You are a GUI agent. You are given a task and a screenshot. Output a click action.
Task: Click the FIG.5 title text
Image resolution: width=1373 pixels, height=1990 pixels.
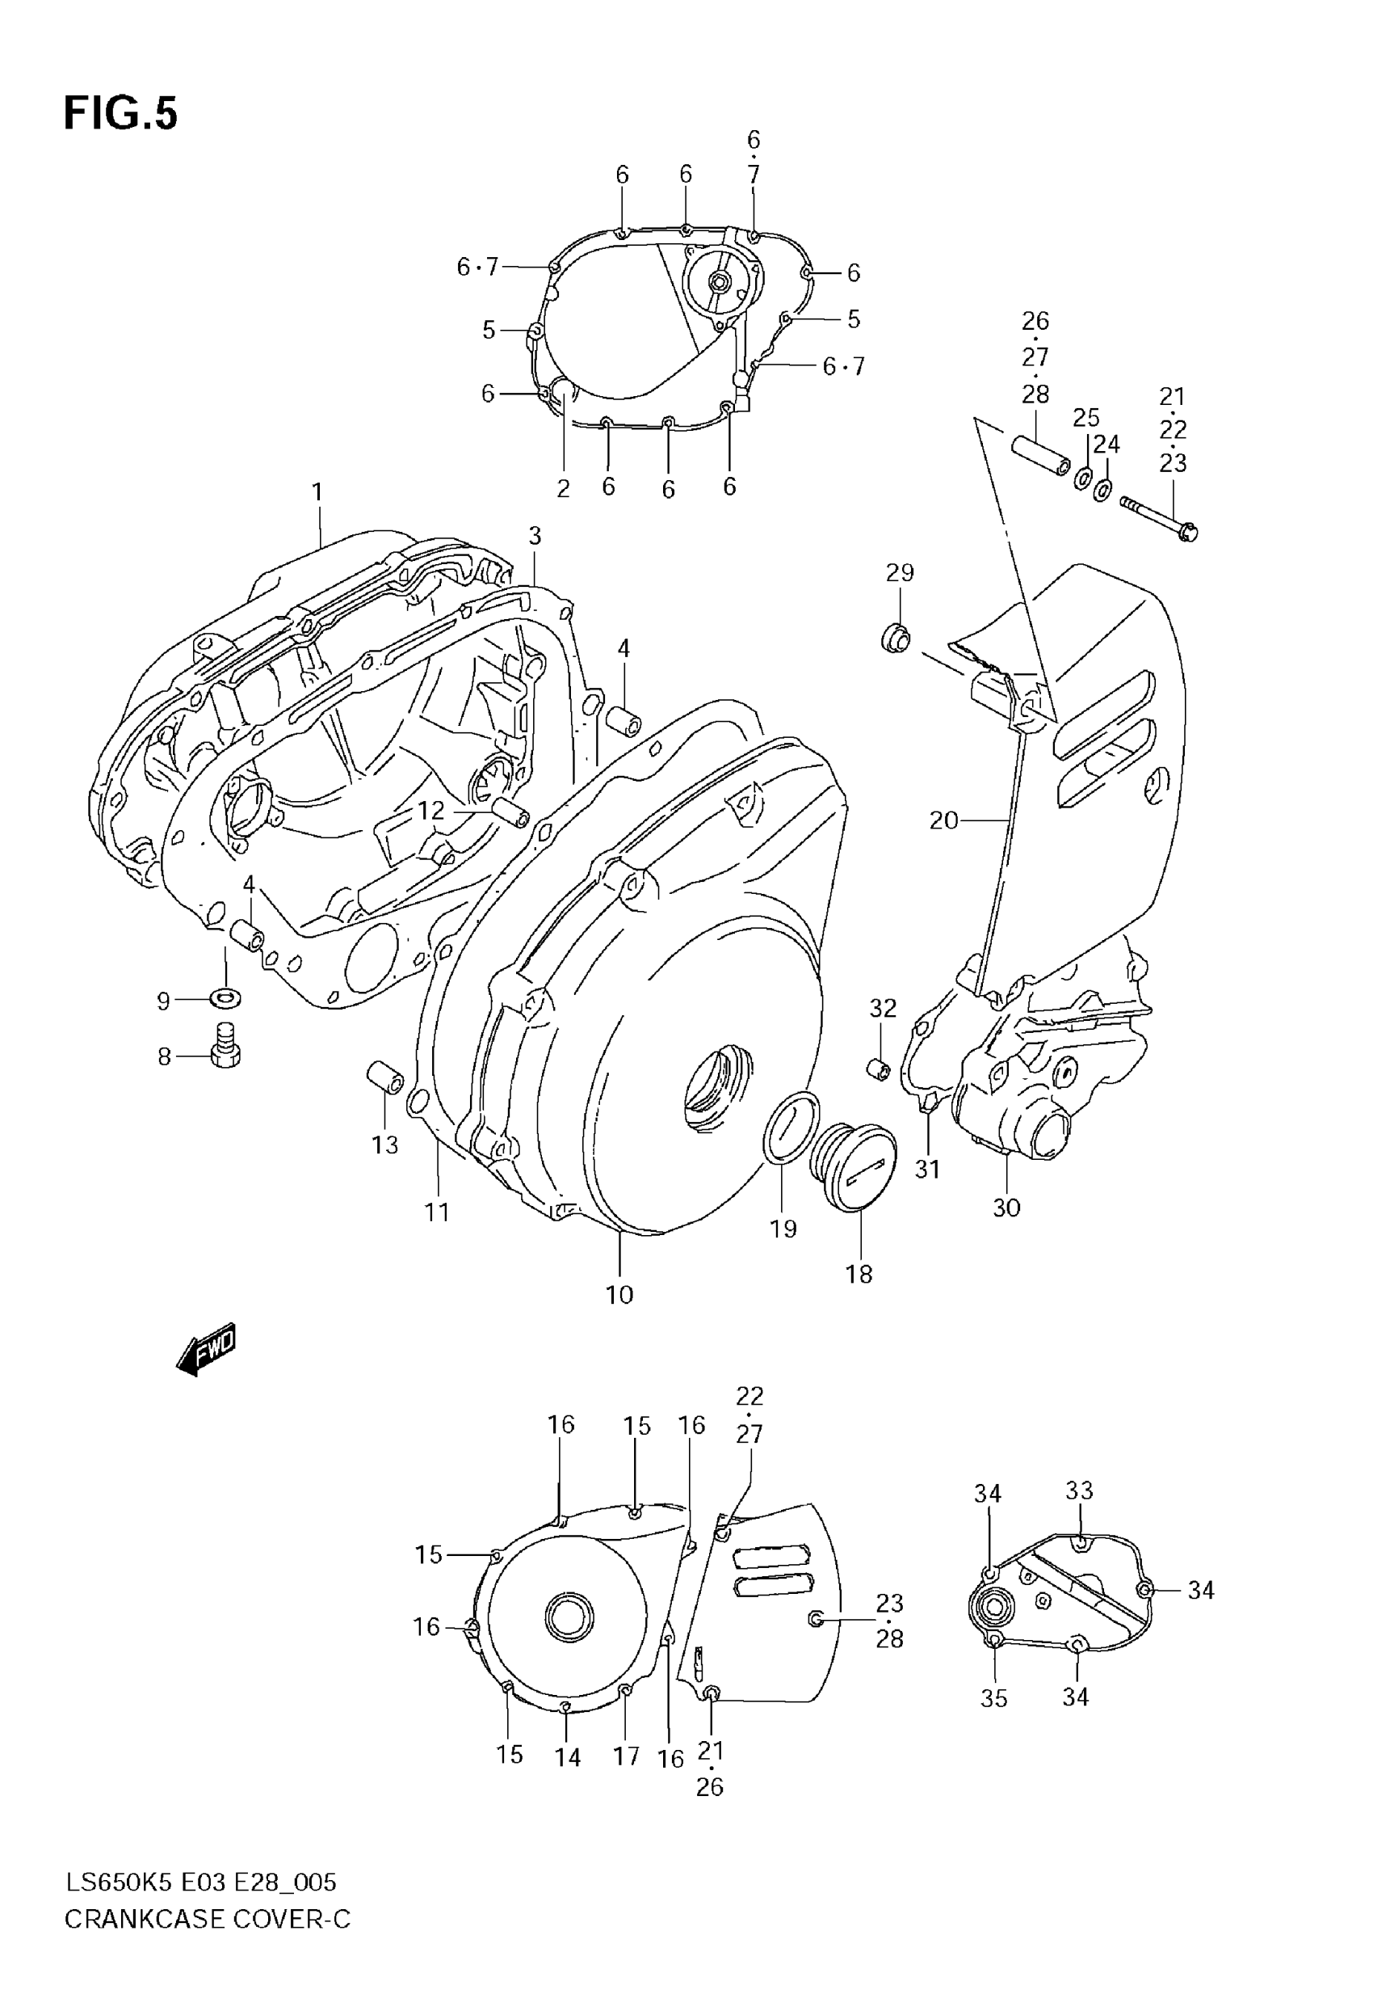coord(120,114)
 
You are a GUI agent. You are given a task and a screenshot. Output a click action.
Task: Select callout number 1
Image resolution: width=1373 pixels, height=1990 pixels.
coord(317,492)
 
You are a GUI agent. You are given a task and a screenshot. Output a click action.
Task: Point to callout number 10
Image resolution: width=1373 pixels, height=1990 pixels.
coord(619,1295)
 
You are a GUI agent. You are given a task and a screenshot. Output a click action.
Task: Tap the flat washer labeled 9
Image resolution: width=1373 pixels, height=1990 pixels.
coord(225,998)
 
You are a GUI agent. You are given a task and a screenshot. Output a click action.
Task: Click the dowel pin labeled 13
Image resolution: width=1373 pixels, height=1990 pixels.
coord(384,1077)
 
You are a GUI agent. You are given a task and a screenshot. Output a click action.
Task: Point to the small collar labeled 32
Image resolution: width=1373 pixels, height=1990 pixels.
coord(877,1070)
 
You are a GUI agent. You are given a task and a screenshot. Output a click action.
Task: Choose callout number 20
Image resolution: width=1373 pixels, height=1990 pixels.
coord(943,821)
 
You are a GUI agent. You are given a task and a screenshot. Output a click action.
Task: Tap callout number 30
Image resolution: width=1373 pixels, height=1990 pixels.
coord(1006,1208)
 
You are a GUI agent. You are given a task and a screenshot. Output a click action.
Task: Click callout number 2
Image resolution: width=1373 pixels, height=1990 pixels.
coord(564,489)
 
